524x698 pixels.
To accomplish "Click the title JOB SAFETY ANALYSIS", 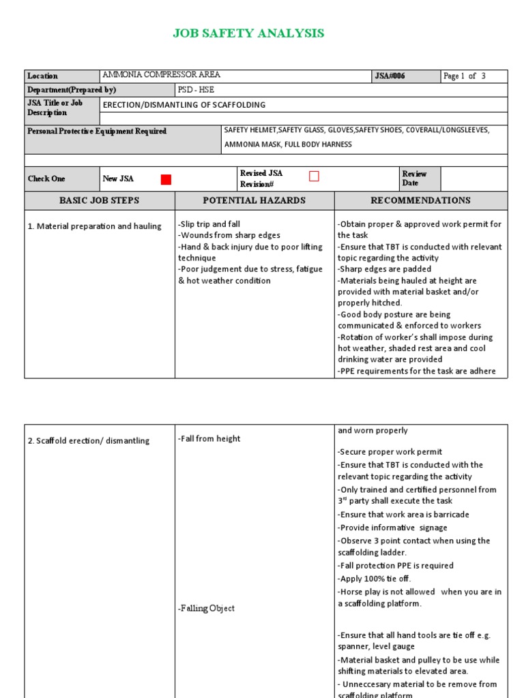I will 248,33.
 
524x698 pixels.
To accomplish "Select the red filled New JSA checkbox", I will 166,179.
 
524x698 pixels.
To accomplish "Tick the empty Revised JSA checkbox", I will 314,177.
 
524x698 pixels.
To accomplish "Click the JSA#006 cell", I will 390,76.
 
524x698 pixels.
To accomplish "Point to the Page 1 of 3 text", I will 464,76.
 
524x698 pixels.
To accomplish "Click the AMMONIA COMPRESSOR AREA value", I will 161,76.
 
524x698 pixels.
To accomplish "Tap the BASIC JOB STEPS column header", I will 100,200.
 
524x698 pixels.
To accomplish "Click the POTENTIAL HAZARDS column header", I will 254,200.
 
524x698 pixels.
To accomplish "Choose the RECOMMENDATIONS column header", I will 420,200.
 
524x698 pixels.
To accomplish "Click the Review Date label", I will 414,179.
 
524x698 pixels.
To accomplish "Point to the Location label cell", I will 43,76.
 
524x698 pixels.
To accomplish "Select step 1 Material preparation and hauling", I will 95,226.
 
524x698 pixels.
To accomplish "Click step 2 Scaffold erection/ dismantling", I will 89,441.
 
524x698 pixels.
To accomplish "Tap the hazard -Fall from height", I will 209,439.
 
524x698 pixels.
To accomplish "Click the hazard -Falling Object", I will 206,608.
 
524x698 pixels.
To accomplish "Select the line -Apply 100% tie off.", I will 375,579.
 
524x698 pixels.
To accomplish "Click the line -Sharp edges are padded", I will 385,269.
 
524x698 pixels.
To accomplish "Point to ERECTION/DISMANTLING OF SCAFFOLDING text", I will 184,105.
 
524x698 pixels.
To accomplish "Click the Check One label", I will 46,179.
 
